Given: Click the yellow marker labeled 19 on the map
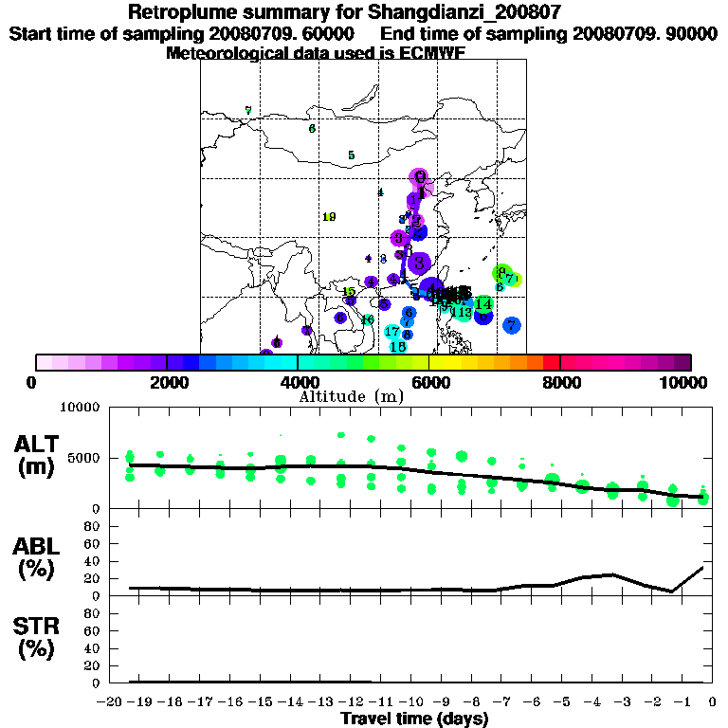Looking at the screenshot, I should pyautogui.click(x=329, y=217).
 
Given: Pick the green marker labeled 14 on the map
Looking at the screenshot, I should pyautogui.click(x=483, y=304).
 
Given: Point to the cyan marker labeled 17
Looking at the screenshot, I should pyautogui.click(x=392, y=332).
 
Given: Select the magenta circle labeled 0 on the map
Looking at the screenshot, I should pyautogui.click(x=420, y=176).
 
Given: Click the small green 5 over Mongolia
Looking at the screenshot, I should pyautogui.click(x=351, y=155).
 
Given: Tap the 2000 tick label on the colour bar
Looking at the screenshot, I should pyautogui.click(x=167, y=382).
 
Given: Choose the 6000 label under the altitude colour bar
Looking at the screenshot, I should pyautogui.click(x=428, y=382).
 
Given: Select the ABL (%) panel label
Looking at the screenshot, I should pyautogui.click(x=39, y=557).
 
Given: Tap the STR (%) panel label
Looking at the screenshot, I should pyautogui.click(x=39, y=637).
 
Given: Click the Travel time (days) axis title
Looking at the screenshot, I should pyautogui.click(x=414, y=719).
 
